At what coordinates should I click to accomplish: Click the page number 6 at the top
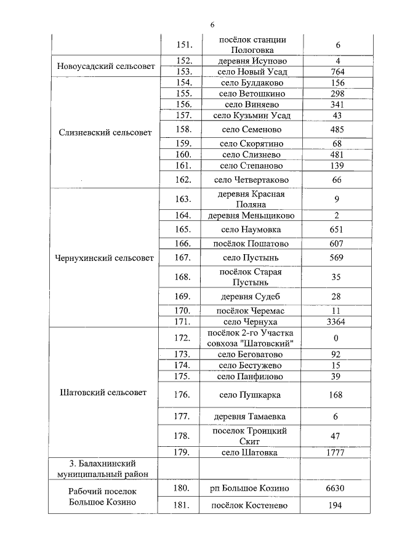(212, 24)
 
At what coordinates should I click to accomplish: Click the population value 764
(337, 72)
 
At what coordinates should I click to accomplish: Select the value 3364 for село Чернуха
(337, 322)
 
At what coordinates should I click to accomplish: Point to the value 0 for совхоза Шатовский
(337, 338)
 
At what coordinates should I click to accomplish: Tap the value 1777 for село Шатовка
(337, 452)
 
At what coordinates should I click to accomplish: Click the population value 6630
(337, 488)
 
